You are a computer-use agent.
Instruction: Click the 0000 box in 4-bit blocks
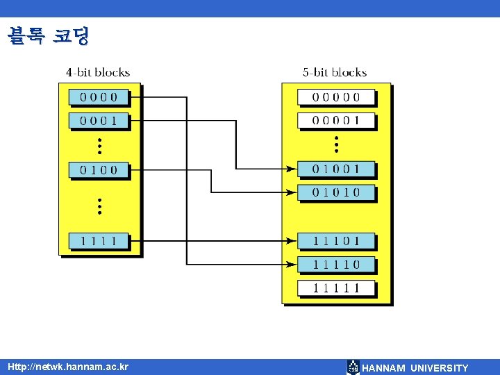99,97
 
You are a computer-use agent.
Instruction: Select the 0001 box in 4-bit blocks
99,121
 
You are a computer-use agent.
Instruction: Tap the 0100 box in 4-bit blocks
99,169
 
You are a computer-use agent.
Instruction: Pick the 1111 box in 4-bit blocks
99,242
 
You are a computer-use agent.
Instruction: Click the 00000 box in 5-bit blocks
336,97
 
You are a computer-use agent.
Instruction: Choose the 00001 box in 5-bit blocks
336,121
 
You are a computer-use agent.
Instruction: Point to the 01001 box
336,169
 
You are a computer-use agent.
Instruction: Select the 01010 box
336,192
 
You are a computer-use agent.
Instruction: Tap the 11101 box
336,241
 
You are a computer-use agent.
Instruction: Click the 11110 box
336,265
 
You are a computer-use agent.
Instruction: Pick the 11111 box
336,287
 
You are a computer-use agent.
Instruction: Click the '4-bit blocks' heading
98,72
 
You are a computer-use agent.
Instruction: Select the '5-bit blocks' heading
335,72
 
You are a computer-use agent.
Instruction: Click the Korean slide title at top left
49,35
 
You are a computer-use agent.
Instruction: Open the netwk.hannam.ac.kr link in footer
68,367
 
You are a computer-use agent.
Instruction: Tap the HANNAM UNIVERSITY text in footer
415,368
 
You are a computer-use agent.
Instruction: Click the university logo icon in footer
353,367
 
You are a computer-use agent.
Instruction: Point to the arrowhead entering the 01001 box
292,168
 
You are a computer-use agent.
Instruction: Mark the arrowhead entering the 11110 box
292,265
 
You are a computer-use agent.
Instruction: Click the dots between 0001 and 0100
99,145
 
